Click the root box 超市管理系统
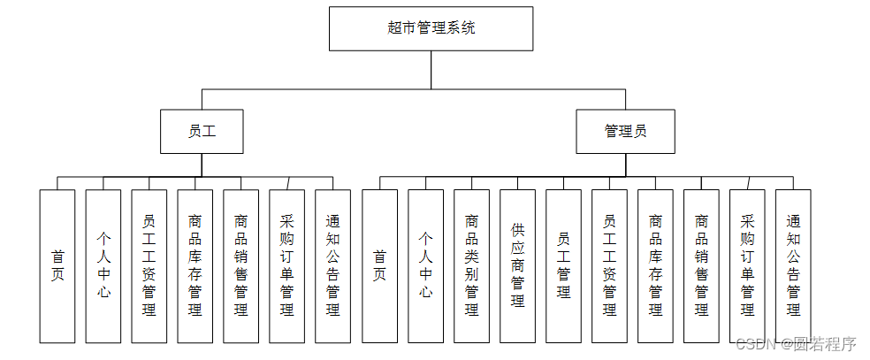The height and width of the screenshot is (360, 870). click(431, 28)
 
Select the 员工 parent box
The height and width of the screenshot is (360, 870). click(202, 131)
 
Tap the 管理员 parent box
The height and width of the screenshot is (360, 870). click(625, 131)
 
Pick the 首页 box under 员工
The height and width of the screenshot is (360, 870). click(57, 265)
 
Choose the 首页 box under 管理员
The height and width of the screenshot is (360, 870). click(379, 265)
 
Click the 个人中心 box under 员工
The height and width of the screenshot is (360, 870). click(103, 265)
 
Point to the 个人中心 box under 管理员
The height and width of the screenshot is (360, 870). click(425, 265)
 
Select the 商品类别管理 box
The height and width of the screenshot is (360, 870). click(471, 265)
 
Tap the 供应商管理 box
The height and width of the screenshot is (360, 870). click(517, 265)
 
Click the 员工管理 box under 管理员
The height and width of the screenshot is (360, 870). click(563, 265)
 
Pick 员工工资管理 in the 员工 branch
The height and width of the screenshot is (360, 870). click(149, 265)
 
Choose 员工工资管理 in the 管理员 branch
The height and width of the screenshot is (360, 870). click(609, 265)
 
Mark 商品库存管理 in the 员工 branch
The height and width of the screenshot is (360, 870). click(195, 265)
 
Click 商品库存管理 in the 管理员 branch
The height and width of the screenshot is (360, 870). click(655, 265)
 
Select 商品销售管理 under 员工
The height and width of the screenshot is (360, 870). click(241, 265)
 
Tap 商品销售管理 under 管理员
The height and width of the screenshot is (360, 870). click(701, 265)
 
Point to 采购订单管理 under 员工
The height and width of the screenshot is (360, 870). click(286, 265)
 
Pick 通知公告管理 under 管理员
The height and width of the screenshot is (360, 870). click(793, 265)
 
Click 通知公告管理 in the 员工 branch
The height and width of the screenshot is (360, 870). click(332, 265)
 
